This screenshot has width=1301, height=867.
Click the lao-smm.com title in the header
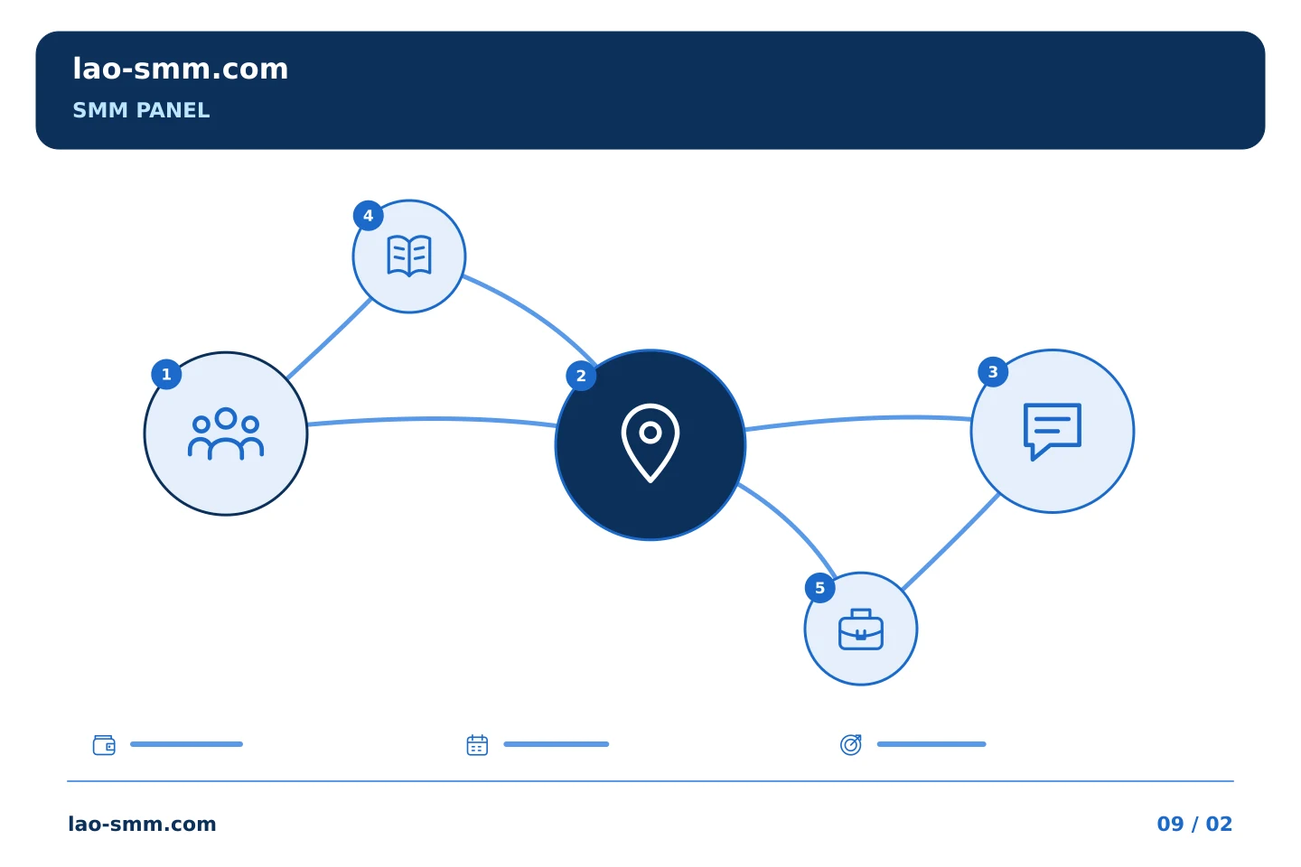click(180, 69)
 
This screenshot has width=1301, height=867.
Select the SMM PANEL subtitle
click(141, 110)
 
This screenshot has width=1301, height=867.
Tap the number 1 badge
click(166, 374)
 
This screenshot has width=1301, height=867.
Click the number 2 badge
click(581, 376)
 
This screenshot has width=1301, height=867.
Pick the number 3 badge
click(993, 372)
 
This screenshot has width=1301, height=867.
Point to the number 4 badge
click(369, 216)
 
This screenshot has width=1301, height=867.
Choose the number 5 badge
click(820, 588)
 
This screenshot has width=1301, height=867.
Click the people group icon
click(226, 433)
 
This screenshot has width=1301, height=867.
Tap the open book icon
click(409, 256)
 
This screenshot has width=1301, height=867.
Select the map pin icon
click(650, 443)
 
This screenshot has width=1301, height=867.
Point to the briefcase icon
click(861, 629)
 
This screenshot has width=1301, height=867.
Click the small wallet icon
click(104, 744)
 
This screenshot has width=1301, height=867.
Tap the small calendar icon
click(477, 744)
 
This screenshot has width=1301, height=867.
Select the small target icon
click(851, 744)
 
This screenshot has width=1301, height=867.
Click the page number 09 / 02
click(1194, 824)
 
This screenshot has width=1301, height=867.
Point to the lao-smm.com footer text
click(143, 824)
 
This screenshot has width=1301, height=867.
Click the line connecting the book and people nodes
click(329, 340)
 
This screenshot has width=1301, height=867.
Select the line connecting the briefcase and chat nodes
click(950, 543)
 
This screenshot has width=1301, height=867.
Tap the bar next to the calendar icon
click(556, 744)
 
